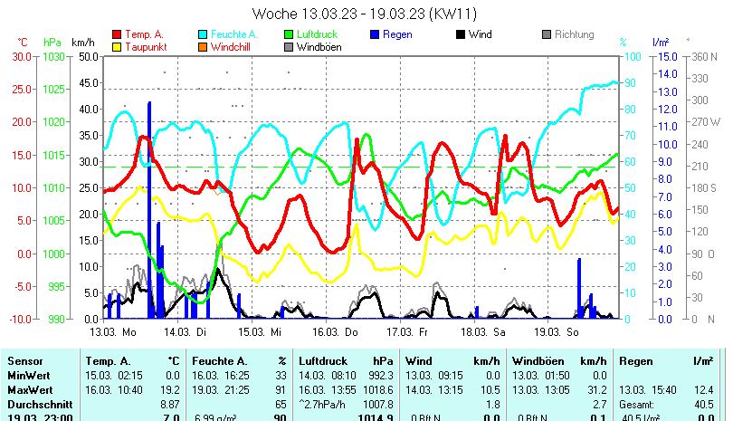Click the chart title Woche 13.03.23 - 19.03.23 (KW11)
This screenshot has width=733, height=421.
point(365,14)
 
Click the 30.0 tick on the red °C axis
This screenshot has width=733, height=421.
point(19,56)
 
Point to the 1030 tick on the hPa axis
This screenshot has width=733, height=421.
point(53,56)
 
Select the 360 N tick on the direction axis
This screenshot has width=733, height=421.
point(703,56)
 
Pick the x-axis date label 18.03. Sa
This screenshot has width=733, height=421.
point(484,332)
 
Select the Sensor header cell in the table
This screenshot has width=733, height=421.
point(25,361)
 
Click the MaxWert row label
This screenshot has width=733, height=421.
point(30,388)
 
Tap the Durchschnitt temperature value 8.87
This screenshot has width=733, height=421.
point(169,402)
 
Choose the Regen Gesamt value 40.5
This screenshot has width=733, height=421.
point(704,402)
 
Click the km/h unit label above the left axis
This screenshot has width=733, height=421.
point(82,42)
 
